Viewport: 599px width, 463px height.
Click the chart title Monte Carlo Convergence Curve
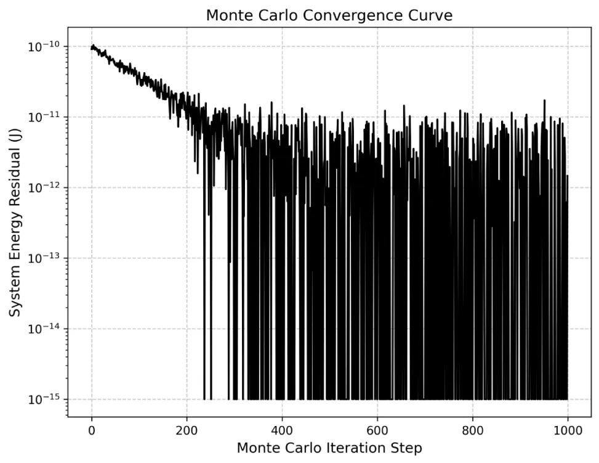pyautogui.click(x=329, y=15)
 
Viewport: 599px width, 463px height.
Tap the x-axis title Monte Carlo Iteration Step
pyautogui.click(x=329, y=448)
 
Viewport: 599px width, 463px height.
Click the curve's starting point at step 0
pyautogui.click(x=92, y=47)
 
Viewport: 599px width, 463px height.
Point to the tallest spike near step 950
pyautogui.click(x=544, y=100)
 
